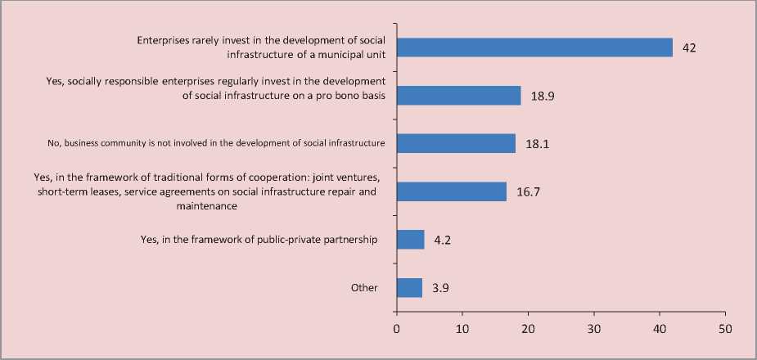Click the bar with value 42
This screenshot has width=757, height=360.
[x=534, y=47]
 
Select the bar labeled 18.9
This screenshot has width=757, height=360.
[x=458, y=95]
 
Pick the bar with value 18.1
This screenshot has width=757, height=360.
[x=456, y=143]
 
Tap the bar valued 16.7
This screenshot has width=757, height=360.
[x=451, y=191]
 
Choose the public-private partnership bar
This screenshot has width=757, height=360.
[x=410, y=239]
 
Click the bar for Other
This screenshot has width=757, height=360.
[x=409, y=287]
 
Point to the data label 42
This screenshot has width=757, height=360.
[x=688, y=48]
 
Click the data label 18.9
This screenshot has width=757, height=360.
[x=539, y=97]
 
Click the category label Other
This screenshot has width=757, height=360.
[x=364, y=287]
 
